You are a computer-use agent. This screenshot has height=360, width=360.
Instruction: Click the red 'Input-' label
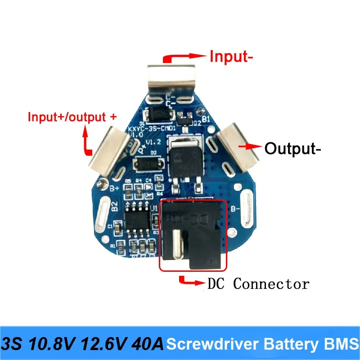229,57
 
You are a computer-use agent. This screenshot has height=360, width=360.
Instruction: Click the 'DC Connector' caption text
258,284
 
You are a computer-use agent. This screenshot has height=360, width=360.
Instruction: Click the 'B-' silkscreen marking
234,208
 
